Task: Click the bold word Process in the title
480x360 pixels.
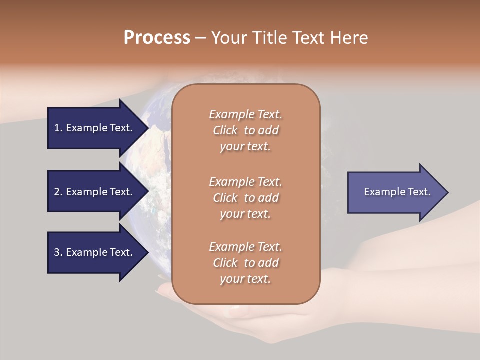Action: (157, 38)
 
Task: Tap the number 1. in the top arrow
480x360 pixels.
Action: (58, 128)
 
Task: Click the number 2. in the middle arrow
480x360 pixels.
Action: (58, 192)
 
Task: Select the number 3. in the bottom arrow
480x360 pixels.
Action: (58, 252)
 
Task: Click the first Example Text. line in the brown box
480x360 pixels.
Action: (245, 114)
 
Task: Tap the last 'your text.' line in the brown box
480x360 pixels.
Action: (245, 279)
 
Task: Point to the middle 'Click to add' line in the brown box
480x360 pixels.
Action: (245, 198)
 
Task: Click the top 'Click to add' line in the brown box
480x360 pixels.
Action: (245, 130)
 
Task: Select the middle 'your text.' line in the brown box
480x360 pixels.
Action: (245, 214)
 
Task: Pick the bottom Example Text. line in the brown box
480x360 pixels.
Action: (245, 247)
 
